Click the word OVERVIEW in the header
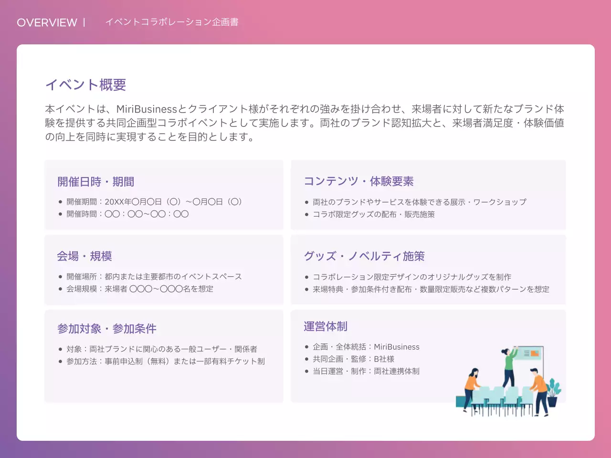click(47, 22)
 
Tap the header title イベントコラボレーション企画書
click(172, 22)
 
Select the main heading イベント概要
click(85, 84)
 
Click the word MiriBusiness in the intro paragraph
click(147, 109)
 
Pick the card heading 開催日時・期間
click(95, 182)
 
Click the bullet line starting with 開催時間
click(127, 214)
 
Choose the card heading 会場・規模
click(84, 256)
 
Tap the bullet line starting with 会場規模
click(139, 289)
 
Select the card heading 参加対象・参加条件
click(106, 329)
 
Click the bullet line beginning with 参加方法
click(165, 361)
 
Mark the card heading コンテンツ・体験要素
click(358, 181)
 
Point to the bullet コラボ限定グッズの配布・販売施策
click(373, 214)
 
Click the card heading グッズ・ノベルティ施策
click(364, 256)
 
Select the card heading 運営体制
click(325, 326)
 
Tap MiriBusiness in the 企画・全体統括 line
click(396, 347)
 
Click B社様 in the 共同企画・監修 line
click(384, 359)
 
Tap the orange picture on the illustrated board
click(535, 354)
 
